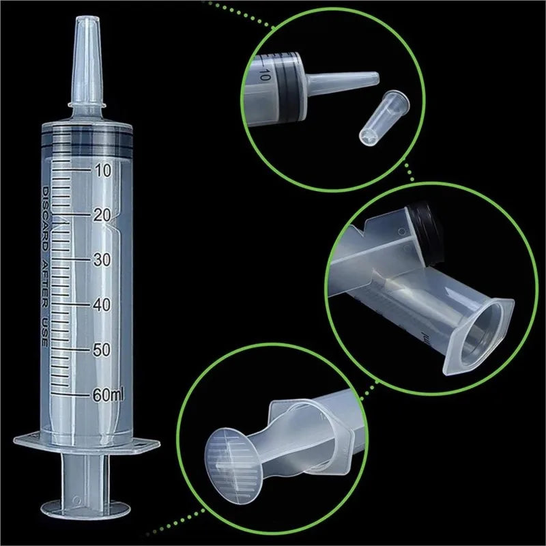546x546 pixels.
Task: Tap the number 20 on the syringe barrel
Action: (102, 215)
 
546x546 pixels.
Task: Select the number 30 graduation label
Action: (102, 260)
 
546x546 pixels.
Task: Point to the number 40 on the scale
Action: (102, 304)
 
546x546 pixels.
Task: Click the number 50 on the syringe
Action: (102, 349)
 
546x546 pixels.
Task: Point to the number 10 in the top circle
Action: (265, 75)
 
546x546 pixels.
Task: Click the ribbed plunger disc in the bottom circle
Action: (232, 454)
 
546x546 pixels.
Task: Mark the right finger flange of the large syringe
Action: (147, 444)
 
